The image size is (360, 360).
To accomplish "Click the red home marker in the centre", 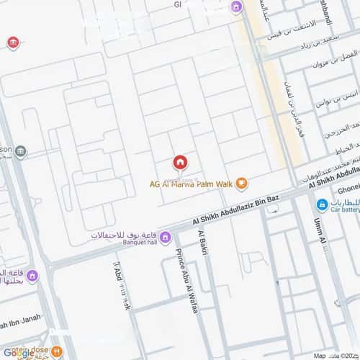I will [179, 162].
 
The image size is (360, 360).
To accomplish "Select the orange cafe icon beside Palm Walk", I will [242, 183].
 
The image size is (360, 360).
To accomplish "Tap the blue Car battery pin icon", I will [322, 205].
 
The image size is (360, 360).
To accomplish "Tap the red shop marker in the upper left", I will [12, 43].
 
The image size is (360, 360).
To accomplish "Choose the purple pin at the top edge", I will [235, 7].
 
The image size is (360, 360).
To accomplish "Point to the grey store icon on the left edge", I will [20, 151].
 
